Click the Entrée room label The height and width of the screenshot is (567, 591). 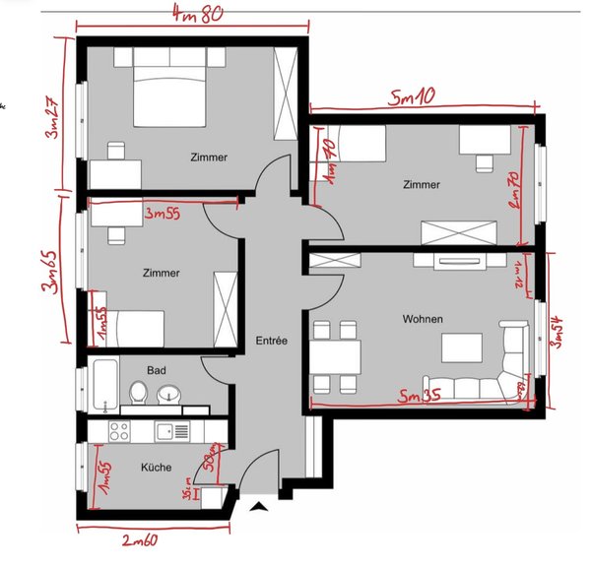pos(271,341)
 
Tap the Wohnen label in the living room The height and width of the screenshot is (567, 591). pos(422,319)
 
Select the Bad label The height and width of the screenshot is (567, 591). pos(156,371)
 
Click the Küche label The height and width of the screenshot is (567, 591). pos(157,469)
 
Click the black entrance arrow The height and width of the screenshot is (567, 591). pos(258,508)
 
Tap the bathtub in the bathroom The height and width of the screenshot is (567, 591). pos(105,386)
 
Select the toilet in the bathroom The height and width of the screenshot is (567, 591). pos(139,396)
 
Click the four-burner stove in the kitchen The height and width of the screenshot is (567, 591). pos(119,430)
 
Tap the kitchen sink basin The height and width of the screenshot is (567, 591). pos(180,430)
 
